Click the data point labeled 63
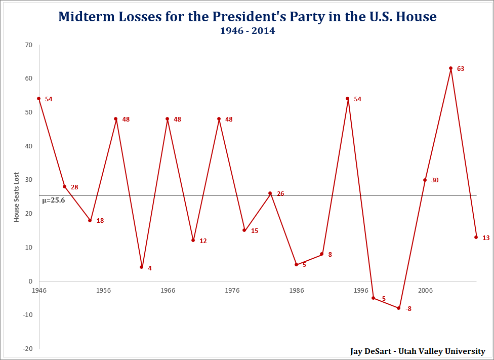point(450,68)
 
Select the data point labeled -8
point(399,308)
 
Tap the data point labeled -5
point(374,298)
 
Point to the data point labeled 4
point(142,267)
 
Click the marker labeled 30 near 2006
point(425,180)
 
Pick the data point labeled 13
point(476,237)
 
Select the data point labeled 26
point(270,193)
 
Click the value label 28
point(74,187)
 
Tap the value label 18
point(100,221)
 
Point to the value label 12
point(203,241)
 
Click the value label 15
point(255,231)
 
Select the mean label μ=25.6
point(53,201)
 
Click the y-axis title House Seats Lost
point(16,196)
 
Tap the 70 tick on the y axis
point(28,45)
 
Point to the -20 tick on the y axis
point(27,349)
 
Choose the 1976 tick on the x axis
point(232,291)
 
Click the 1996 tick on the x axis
point(360,291)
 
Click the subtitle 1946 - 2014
point(247,31)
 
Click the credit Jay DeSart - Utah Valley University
point(418,351)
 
